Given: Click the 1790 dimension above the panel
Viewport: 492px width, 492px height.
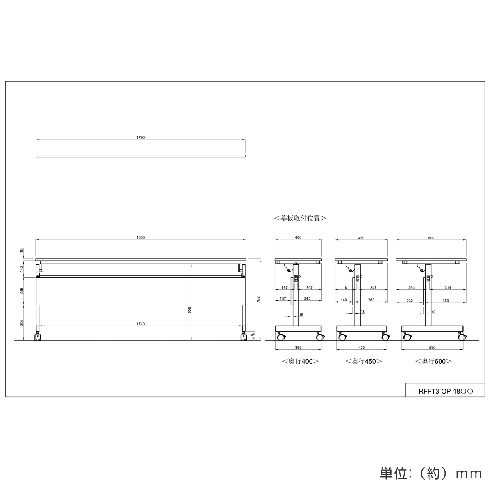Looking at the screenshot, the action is click(x=141, y=137).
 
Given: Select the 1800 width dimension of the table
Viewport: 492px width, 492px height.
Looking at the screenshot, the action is click(x=141, y=237).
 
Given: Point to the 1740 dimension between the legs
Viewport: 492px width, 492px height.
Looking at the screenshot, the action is click(x=141, y=324).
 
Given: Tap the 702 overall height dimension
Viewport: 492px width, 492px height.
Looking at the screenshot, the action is click(x=258, y=299).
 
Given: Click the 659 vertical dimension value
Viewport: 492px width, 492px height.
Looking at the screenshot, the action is click(x=189, y=310).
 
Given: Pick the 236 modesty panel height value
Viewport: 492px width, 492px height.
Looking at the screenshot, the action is click(x=22, y=291).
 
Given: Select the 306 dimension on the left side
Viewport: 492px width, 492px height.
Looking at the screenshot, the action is click(x=22, y=323).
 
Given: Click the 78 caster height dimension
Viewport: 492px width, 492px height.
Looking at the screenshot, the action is click(x=252, y=336).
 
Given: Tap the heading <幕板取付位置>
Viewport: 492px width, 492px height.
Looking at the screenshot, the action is click(x=300, y=218).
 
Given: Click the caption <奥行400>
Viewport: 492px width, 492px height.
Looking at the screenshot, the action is click(x=300, y=361).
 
